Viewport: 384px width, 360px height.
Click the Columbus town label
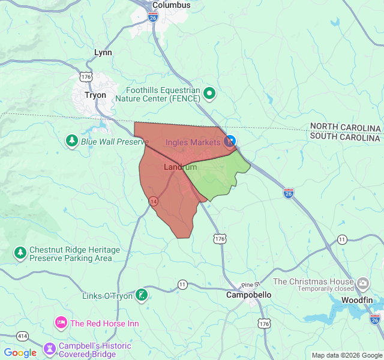pyautogui.click(x=171, y=5)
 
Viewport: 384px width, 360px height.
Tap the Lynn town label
pyautogui.click(x=103, y=53)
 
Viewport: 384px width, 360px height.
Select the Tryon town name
pyautogui.click(x=95, y=95)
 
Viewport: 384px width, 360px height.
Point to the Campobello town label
pyautogui.click(x=248, y=295)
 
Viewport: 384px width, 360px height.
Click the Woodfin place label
pyautogui.click(x=357, y=299)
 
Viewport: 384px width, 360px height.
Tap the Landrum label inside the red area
pyautogui.click(x=180, y=167)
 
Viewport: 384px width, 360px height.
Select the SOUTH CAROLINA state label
pyautogui.click(x=345, y=137)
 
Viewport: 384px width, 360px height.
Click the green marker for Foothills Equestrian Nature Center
pyautogui.click(x=209, y=93)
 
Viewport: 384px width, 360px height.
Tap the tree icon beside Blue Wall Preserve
pyautogui.click(x=72, y=140)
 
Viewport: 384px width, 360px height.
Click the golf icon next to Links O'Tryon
pyautogui.click(x=141, y=295)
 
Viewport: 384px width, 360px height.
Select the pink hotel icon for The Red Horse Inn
pyautogui.click(x=61, y=323)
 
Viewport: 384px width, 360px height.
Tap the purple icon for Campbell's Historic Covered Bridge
pyautogui.click(x=49, y=349)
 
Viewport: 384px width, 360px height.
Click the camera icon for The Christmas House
pyautogui.click(x=362, y=282)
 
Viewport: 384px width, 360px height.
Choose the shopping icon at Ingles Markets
pyautogui.click(x=229, y=142)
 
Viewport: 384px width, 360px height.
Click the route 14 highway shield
pyautogui.click(x=154, y=200)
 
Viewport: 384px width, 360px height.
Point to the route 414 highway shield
pyautogui.click(x=23, y=336)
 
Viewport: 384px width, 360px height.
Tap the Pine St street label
pyautogui.click(x=249, y=284)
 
